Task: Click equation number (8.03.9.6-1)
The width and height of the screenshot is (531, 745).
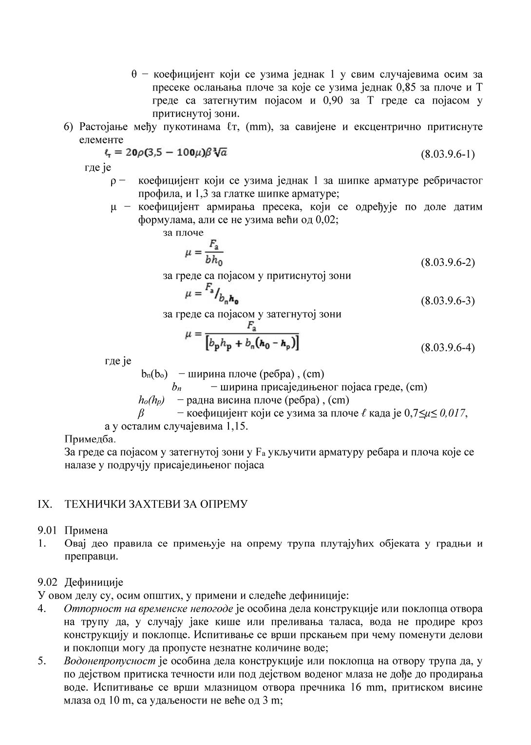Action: (x=447, y=154)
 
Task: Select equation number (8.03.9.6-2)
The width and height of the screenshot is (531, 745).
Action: (x=447, y=263)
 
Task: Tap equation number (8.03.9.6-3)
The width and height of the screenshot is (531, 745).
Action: (x=447, y=300)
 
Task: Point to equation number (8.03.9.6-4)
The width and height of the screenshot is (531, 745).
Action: (x=447, y=348)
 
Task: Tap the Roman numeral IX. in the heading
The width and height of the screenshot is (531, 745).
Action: (x=45, y=504)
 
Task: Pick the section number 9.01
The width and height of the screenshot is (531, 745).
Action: (x=47, y=530)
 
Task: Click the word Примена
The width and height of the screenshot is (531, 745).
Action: (x=86, y=530)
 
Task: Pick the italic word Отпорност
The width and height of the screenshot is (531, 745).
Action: (x=86, y=609)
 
